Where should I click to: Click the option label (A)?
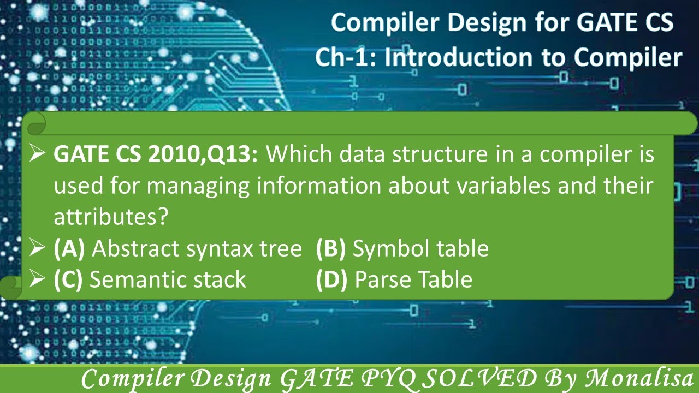tap(69, 249)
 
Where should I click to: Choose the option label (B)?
tap(331, 249)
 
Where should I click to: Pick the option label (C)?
tap(68, 279)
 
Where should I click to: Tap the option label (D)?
tap(331, 279)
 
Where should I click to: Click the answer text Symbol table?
tap(420, 249)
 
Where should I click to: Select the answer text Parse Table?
tap(413, 279)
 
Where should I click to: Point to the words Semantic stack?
tap(168, 279)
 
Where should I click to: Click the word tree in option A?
tap(281, 249)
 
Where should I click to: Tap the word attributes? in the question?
tap(110, 217)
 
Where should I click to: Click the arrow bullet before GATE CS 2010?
tap(37, 155)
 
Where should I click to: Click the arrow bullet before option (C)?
tap(37, 279)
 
